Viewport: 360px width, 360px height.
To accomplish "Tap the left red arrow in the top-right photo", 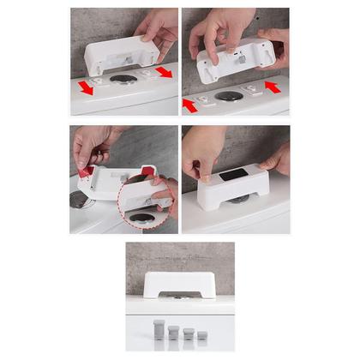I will pyautogui.click(x=190, y=105).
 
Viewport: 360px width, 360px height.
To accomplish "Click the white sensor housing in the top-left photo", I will pyautogui.click(x=120, y=54).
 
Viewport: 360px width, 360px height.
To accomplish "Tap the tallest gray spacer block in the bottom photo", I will pyautogui.click(x=158, y=329).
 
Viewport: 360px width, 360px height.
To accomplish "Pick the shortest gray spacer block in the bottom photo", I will pyautogui.click(x=202, y=337).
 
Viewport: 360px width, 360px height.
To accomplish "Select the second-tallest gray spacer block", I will pyautogui.click(x=173, y=333).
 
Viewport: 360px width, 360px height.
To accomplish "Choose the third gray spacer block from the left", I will pyautogui.click(x=188, y=334).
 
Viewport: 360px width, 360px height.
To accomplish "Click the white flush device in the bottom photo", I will pyautogui.click(x=179, y=285).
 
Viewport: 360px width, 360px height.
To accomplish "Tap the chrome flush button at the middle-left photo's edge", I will pyautogui.click(x=75, y=201).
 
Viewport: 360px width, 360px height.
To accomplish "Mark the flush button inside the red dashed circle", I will pyautogui.click(x=141, y=218).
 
